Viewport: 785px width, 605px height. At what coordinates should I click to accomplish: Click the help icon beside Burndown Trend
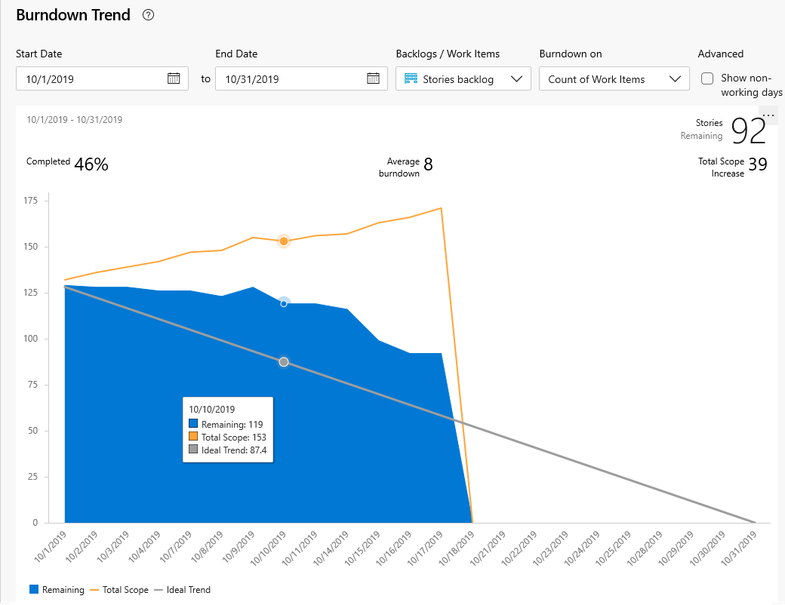[148, 15]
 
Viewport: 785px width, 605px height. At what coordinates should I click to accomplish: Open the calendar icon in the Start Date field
[174, 78]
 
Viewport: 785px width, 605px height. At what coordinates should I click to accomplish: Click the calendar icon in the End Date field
[373, 78]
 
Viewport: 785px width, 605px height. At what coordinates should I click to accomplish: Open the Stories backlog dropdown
[463, 78]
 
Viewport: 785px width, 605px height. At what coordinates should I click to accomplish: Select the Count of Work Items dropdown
[614, 78]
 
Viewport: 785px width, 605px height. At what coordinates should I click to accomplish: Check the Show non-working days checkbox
[707, 78]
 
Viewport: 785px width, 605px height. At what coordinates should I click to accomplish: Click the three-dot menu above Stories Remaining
[768, 115]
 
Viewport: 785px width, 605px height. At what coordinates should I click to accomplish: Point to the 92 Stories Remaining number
[749, 131]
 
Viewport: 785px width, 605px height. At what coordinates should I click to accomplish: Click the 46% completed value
[91, 164]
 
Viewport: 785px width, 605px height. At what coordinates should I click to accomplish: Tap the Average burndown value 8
[428, 164]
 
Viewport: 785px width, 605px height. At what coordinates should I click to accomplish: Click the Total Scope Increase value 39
[758, 164]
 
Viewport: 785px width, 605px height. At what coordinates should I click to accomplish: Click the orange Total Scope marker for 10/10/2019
[284, 241]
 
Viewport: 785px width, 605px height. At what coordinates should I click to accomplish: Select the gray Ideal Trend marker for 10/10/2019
[284, 362]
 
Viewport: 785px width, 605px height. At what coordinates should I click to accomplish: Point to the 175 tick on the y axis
[30, 201]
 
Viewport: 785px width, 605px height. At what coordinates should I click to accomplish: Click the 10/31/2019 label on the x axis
[740, 548]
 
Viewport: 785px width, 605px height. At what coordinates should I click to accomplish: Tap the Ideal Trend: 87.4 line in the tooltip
[228, 450]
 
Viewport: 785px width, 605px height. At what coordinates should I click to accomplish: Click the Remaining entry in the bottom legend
[57, 589]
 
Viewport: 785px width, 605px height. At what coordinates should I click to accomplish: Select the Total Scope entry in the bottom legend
[119, 589]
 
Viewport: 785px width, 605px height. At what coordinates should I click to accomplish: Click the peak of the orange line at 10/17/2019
[441, 208]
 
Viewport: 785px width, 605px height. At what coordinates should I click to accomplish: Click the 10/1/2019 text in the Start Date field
[50, 79]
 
